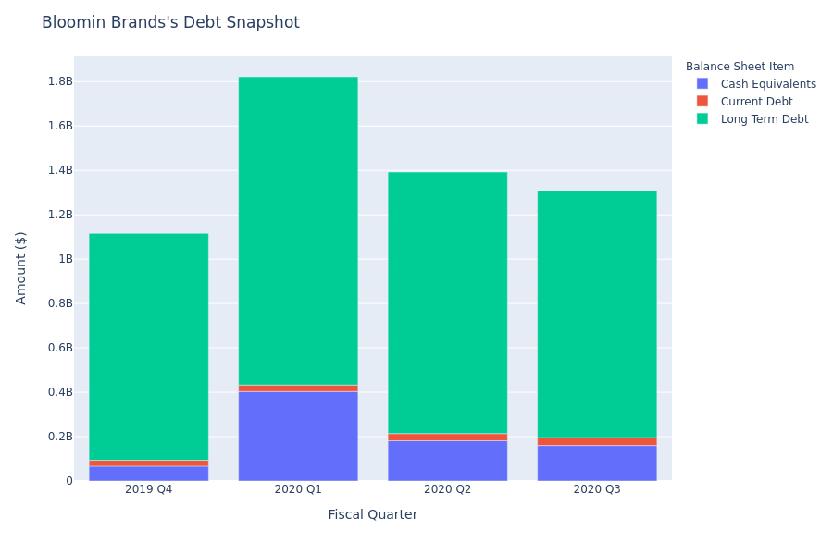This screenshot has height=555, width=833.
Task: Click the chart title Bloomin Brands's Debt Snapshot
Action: (170, 22)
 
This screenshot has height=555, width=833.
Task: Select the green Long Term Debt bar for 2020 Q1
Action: (298, 230)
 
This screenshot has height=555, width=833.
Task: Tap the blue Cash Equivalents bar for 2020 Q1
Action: (298, 436)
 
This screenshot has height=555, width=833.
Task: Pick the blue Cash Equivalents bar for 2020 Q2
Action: (447, 461)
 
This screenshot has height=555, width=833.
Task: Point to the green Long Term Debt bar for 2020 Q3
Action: (597, 314)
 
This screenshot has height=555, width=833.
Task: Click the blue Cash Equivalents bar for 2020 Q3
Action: (597, 463)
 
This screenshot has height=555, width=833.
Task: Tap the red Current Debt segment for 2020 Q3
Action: (597, 441)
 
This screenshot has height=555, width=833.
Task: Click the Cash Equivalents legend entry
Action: (768, 84)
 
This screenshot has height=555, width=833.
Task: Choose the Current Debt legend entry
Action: (756, 102)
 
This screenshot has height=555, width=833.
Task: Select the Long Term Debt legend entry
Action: (764, 119)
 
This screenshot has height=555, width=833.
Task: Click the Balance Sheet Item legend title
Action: (740, 67)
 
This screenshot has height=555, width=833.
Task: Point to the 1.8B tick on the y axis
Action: (60, 81)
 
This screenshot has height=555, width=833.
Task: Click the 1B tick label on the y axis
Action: (65, 259)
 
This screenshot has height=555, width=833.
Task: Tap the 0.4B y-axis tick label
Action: (60, 392)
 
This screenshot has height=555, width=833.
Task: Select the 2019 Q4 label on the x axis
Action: (148, 489)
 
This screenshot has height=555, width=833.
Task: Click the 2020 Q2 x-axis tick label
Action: (447, 489)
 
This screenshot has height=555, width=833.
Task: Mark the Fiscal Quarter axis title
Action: (372, 514)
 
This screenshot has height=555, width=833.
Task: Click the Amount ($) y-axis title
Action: (21, 267)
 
